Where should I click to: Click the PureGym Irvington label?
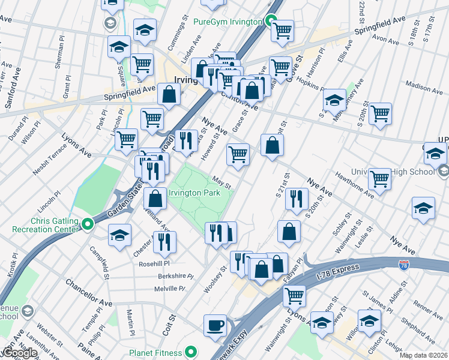tap(229, 22)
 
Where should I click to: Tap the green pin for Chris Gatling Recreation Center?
tap(88, 225)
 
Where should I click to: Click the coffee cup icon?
tap(215, 326)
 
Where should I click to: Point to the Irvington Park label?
tap(195, 193)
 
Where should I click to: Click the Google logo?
tap(19, 353)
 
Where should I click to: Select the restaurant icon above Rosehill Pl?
tap(164, 241)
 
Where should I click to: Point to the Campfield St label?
tap(100, 262)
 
